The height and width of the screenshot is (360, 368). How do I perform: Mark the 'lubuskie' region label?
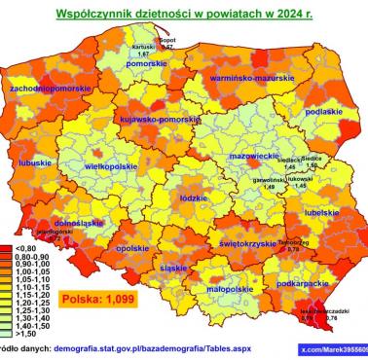34,162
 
